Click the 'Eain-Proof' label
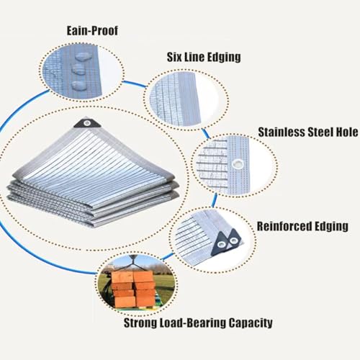coord(92,31)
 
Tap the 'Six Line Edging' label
coord(204,57)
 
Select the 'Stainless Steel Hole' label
coord(308,132)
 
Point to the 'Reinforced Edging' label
coord(302,226)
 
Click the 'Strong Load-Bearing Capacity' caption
coord(198,323)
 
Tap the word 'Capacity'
coord(251,323)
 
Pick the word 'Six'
coord(175,57)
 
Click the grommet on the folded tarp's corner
coord(87,123)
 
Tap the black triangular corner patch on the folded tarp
coord(87,123)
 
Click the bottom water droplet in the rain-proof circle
coord(78,85)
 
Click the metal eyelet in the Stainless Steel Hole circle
coord(238,164)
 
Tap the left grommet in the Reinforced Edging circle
coord(222,245)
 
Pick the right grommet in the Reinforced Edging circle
coord(233,240)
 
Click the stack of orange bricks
coord(133,288)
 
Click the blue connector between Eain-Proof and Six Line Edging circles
coord(135,84)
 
